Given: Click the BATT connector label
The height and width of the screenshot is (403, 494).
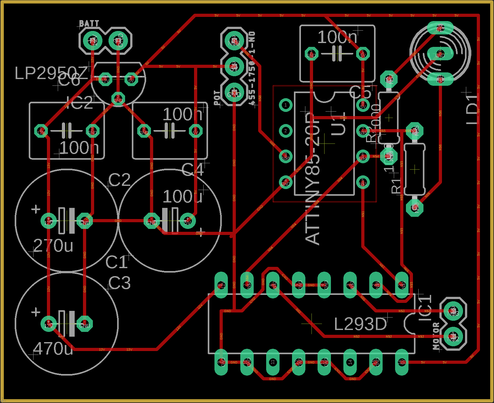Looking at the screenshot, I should pos(89,23).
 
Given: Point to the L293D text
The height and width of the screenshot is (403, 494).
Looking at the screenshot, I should pos(360,325).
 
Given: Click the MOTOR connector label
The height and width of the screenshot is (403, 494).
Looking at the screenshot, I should pos(436,336).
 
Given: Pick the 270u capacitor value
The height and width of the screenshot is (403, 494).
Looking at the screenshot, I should pos(53,245).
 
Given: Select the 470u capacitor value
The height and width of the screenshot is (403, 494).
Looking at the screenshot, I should pos(53,349).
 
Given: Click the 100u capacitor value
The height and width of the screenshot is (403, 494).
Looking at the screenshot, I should pos(183,196).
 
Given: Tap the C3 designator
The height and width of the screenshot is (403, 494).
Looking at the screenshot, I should pos(119,283).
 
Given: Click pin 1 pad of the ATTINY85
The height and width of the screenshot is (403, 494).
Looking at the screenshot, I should pos(285,105).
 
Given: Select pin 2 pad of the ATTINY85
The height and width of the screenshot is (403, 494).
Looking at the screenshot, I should pos(285,131).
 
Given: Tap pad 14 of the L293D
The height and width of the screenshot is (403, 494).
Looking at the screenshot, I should pos(350,362).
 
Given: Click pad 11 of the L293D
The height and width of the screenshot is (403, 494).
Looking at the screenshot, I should pos(273,362).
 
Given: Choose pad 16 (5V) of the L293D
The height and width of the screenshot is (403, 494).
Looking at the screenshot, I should pos(401,362).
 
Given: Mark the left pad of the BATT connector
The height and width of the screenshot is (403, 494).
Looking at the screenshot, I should pos(93,41).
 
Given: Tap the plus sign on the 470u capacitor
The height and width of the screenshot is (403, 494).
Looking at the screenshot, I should pos(35,312).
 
